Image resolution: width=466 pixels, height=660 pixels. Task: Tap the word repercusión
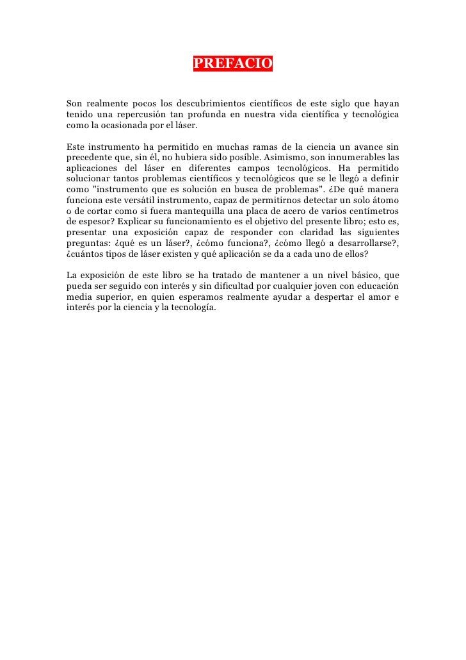tap(140, 115)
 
